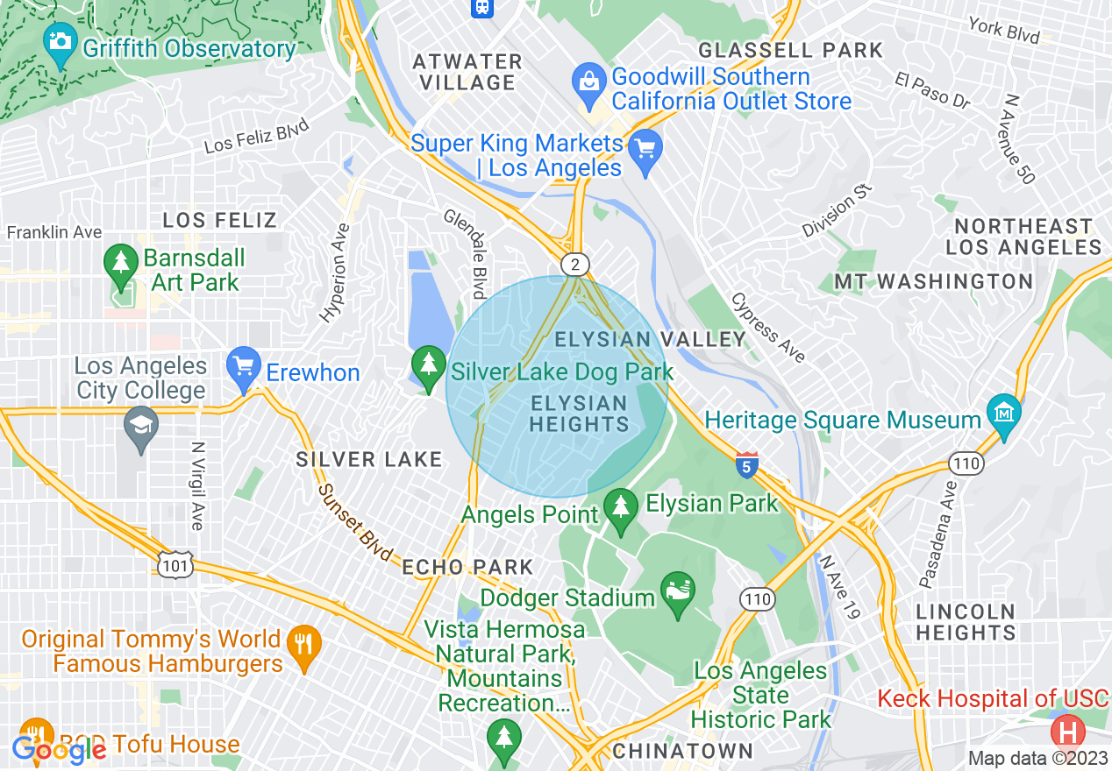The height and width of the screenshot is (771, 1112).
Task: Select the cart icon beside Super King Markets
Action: click(646, 148)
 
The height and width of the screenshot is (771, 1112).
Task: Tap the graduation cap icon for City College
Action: click(141, 427)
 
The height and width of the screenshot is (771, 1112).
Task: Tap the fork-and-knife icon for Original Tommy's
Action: click(303, 646)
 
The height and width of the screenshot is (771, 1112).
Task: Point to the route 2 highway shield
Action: click(574, 264)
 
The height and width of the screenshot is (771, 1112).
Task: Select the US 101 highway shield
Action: click(175, 567)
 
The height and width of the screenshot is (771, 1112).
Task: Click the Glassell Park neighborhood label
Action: click(790, 50)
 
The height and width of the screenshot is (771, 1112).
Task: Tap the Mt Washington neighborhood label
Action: click(933, 281)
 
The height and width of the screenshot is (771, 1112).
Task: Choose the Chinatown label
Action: click(682, 751)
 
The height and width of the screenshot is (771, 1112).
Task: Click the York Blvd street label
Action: click(1003, 30)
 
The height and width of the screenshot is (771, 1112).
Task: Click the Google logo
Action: click(60, 749)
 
